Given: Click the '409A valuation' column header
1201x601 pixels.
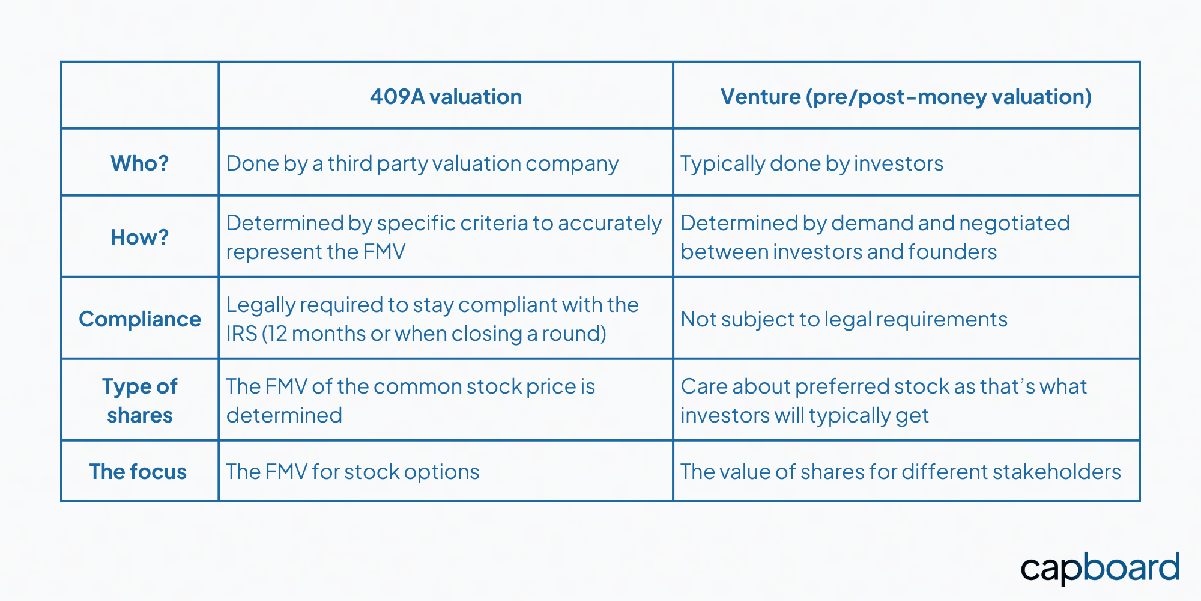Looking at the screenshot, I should pos(446,97).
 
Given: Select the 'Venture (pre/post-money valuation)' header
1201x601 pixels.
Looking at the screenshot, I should pos(906,97).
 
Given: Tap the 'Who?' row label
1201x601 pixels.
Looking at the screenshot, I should pos(139,163).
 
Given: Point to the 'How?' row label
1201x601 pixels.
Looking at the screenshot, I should pos(139,237).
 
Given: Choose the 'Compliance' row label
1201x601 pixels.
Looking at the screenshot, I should pos(139,319).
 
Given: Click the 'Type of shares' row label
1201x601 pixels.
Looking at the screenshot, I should pos(139,400).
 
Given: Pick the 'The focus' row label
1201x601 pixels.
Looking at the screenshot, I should pos(138,472).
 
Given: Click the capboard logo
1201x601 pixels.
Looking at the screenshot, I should pos(1100,568).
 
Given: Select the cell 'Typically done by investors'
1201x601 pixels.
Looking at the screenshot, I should pos(811,163).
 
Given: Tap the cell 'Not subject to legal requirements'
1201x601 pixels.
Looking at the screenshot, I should pos(844,319).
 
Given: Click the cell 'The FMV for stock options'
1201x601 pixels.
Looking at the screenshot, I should pos(352,472).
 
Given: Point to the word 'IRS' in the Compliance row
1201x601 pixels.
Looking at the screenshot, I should pos(241,334).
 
